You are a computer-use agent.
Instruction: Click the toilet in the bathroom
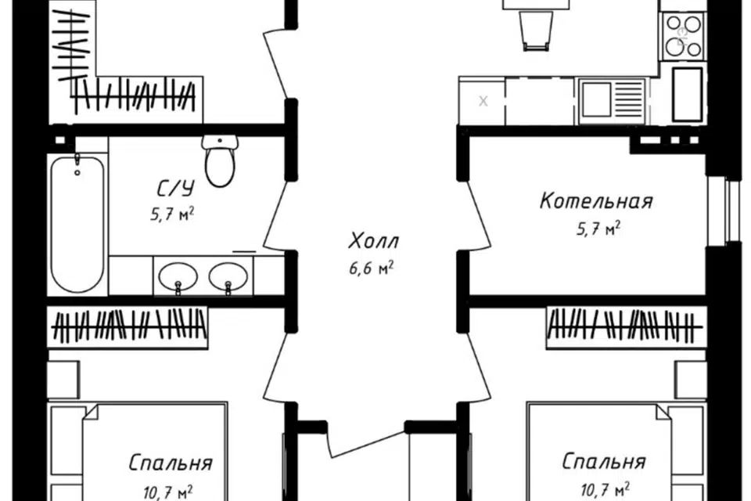click(220, 160)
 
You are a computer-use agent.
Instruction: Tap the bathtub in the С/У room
click(77, 223)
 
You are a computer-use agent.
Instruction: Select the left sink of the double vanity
click(178, 276)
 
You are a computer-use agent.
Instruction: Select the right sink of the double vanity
click(228, 276)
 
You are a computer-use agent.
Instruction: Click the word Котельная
click(596, 201)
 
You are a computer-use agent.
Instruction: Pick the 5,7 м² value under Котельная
click(597, 229)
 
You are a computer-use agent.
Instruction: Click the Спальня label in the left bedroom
click(171, 463)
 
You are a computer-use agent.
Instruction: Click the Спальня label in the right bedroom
click(604, 461)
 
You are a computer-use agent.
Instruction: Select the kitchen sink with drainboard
click(610, 99)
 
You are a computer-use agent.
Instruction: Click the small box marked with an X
click(483, 100)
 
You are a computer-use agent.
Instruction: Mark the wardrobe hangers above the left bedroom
click(130, 326)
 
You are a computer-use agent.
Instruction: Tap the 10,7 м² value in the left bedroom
click(161, 492)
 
